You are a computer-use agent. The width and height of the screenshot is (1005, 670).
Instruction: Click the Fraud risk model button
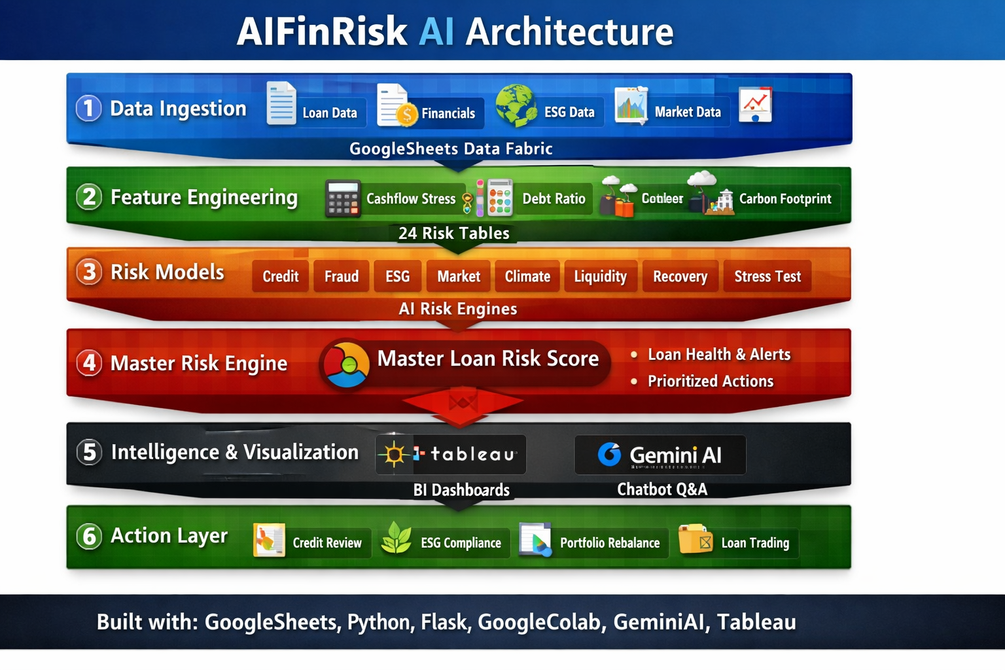coord(342,276)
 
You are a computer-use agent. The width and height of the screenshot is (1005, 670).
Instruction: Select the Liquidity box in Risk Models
coord(600,276)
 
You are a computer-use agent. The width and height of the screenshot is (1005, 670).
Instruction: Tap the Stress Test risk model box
coord(767,276)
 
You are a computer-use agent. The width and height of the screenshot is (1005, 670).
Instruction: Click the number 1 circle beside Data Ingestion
coord(89,109)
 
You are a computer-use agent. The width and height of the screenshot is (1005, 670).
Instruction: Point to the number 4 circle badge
coord(89,362)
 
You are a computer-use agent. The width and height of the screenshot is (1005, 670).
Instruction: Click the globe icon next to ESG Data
coord(516,105)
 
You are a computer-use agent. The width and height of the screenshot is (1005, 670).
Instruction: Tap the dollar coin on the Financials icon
coord(407,115)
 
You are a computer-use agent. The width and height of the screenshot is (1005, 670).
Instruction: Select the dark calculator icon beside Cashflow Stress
coord(343,198)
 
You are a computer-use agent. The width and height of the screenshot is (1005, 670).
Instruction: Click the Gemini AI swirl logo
coord(609,454)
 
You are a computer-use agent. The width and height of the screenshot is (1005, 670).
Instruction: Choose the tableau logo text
coord(472,454)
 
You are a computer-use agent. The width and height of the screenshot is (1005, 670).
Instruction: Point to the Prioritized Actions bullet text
coord(711,381)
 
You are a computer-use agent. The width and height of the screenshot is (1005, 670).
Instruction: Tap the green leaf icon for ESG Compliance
coord(397,538)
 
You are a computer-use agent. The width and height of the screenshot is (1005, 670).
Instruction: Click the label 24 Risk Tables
coord(454,233)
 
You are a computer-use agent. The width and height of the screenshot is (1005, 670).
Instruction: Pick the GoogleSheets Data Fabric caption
coord(451,149)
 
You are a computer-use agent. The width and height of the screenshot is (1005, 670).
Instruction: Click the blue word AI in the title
coord(436,31)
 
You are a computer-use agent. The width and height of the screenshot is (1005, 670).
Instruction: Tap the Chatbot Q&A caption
coord(662,489)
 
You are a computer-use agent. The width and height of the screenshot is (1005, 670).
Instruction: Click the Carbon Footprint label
coord(785,199)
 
